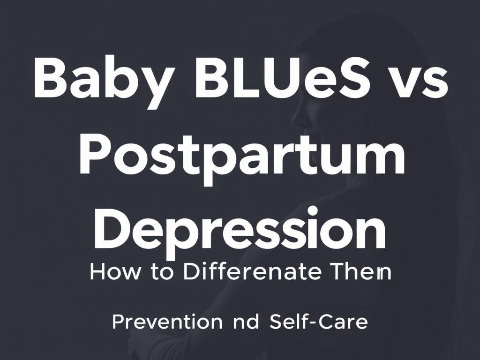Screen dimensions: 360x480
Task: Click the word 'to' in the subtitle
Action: point(162,273)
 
